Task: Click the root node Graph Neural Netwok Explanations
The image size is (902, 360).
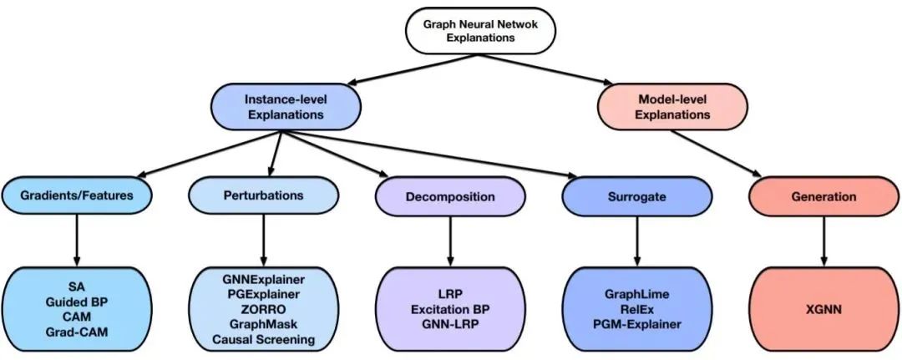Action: coord(479,31)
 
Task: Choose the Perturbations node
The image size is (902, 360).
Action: coord(264,195)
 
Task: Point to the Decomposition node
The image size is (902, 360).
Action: coord(450,197)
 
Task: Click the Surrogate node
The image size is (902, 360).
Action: coord(637,196)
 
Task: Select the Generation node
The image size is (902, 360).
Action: coord(823,197)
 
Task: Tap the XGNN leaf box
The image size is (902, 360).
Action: coord(823,308)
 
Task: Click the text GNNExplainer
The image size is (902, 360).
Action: coord(264,278)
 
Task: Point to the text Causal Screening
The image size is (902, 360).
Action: coord(264,339)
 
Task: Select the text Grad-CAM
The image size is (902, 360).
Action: coord(78,332)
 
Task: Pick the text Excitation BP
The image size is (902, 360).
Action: coord(451,309)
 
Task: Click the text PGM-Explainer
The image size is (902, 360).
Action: coord(638,324)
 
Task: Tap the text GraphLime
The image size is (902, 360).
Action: coord(638,294)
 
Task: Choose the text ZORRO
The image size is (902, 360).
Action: coord(264,309)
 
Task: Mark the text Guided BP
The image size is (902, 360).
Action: coord(78,302)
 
